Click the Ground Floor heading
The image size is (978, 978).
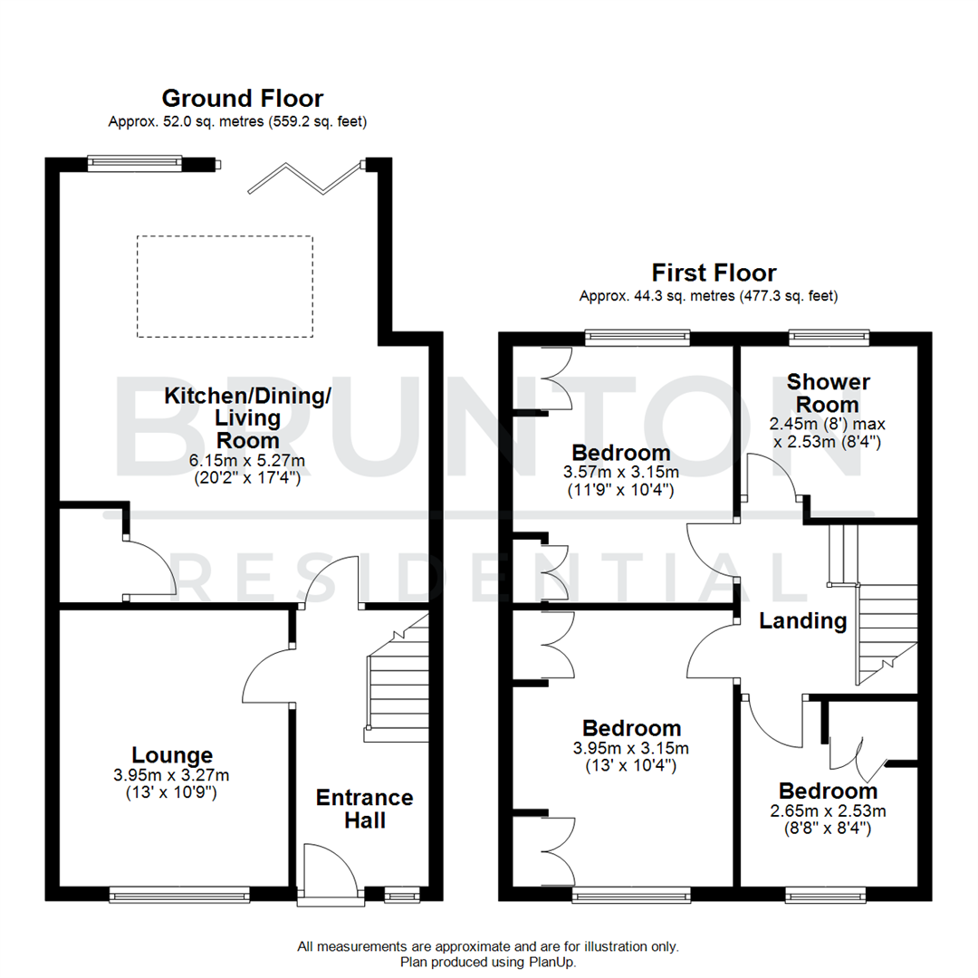(x=242, y=98)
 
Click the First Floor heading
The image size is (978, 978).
(x=714, y=273)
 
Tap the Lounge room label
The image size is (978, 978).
(x=172, y=754)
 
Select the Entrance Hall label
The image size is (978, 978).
(x=364, y=809)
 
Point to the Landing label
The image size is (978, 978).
(x=802, y=621)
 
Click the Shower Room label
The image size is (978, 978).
(x=828, y=393)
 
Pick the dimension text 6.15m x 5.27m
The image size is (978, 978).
(x=247, y=461)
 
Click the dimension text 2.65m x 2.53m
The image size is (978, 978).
(x=828, y=810)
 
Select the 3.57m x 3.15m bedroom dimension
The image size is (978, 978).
(x=620, y=472)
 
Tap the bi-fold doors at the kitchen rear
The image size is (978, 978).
(x=304, y=177)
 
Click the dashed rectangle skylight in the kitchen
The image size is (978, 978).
(x=225, y=286)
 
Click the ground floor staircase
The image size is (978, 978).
(x=397, y=675)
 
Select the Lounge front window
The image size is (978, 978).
(x=179, y=895)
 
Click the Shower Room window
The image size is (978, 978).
(x=829, y=339)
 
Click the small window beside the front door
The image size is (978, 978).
(x=397, y=896)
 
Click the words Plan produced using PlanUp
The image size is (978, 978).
(x=488, y=962)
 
